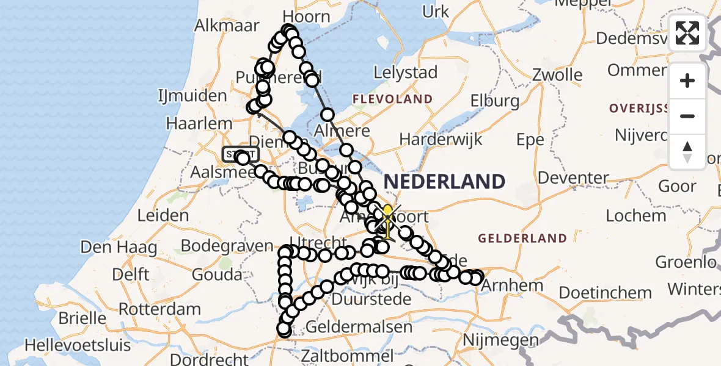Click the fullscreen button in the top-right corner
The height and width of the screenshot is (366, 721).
[687, 33]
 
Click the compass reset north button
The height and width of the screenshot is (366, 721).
[687, 152]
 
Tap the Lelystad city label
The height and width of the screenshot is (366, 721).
[406, 73]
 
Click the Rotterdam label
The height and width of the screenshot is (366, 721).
[159, 309]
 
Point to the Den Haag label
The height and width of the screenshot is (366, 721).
[110, 248]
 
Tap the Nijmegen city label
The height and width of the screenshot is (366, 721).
[500, 340]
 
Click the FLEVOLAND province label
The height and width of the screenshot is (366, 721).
[392, 99]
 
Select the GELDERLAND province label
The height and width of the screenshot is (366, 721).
[514, 238]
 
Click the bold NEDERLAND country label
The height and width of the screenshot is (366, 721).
[444, 181]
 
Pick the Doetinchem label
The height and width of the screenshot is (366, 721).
[597, 293]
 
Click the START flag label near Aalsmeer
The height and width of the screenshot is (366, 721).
[241, 154]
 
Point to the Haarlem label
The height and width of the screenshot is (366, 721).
[200, 123]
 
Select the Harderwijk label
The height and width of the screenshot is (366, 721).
[441, 139]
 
